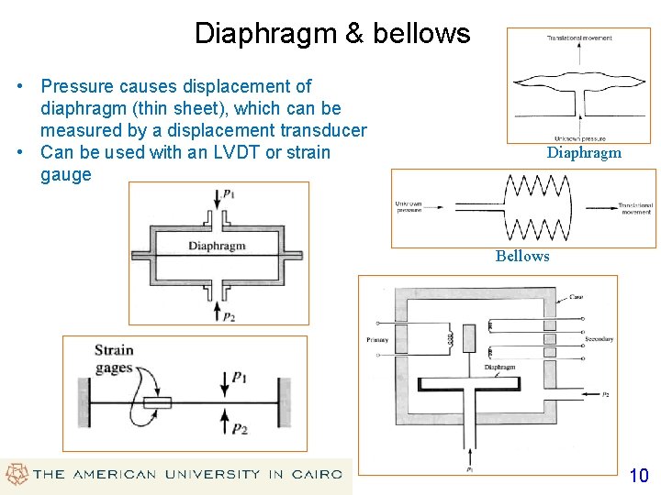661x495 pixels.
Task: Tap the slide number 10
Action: coord(638,475)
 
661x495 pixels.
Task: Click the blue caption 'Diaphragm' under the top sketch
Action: coord(584,153)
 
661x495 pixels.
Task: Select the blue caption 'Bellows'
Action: coord(522,256)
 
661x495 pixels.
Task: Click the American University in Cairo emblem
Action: coord(16,475)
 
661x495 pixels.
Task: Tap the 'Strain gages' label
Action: coord(113,358)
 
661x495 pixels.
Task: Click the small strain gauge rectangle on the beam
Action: coord(158,402)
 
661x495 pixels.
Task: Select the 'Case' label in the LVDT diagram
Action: coord(577,297)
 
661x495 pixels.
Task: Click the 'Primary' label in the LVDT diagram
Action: coord(377,340)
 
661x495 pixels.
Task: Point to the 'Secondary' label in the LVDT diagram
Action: coord(599,340)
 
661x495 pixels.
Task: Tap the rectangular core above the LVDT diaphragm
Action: coord(471,338)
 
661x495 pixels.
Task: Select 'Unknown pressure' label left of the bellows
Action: coord(409,206)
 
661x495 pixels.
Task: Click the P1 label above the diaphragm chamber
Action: coord(229,193)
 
